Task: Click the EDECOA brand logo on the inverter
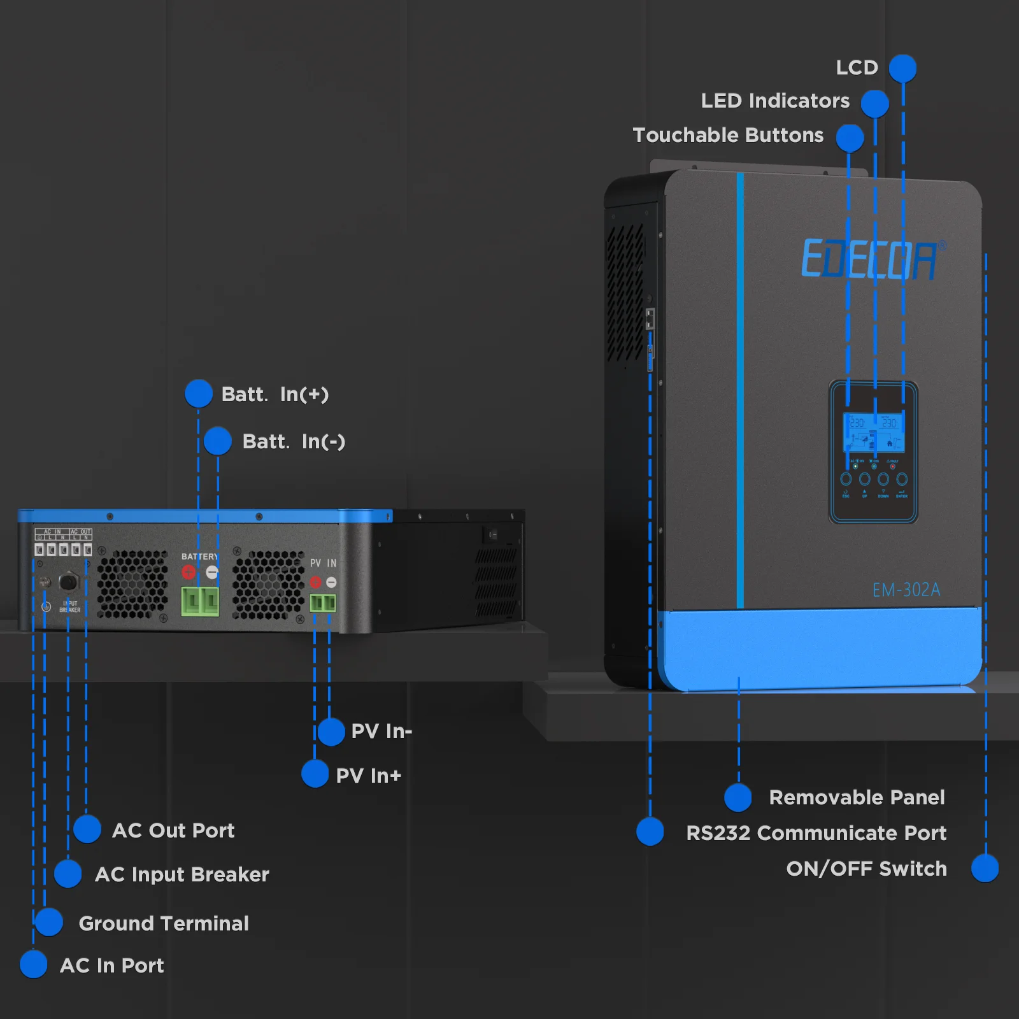[x=870, y=259]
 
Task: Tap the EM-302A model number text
[x=906, y=590]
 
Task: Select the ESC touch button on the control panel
[x=846, y=480]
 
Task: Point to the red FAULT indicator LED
[x=892, y=467]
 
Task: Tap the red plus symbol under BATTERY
[x=189, y=572]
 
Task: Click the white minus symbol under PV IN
[x=331, y=582]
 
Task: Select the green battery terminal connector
[x=200, y=601]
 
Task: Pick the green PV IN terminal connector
[x=323, y=602]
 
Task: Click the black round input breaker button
[x=68, y=581]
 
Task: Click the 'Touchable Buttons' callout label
[x=728, y=135]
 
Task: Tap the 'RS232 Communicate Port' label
[x=816, y=833]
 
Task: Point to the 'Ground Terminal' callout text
[x=164, y=923]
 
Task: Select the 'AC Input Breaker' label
[x=182, y=874]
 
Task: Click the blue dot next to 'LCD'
[x=902, y=68]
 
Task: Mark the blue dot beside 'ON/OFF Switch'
[x=985, y=868]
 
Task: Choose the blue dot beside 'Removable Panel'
[x=738, y=797]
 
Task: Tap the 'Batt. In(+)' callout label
[x=274, y=394]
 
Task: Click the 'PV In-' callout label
[x=381, y=731]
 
